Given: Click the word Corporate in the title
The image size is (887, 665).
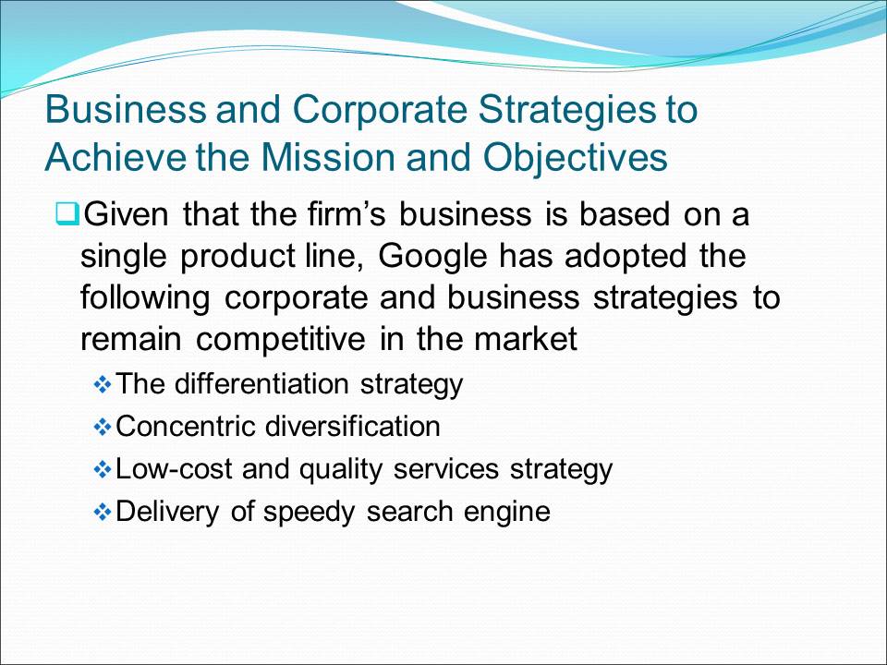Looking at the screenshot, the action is click(x=380, y=109).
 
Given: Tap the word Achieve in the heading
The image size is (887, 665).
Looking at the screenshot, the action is click(x=115, y=157).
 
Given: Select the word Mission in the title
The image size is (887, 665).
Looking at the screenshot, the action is click(x=327, y=157).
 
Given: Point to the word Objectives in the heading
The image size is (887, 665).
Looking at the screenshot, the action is click(x=576, y=158).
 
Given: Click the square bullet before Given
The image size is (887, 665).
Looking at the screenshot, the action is click(x=67, y=214).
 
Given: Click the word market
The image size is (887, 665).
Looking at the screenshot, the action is click(x=526, y=339).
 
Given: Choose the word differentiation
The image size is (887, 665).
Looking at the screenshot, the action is click(x=261, y=383).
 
